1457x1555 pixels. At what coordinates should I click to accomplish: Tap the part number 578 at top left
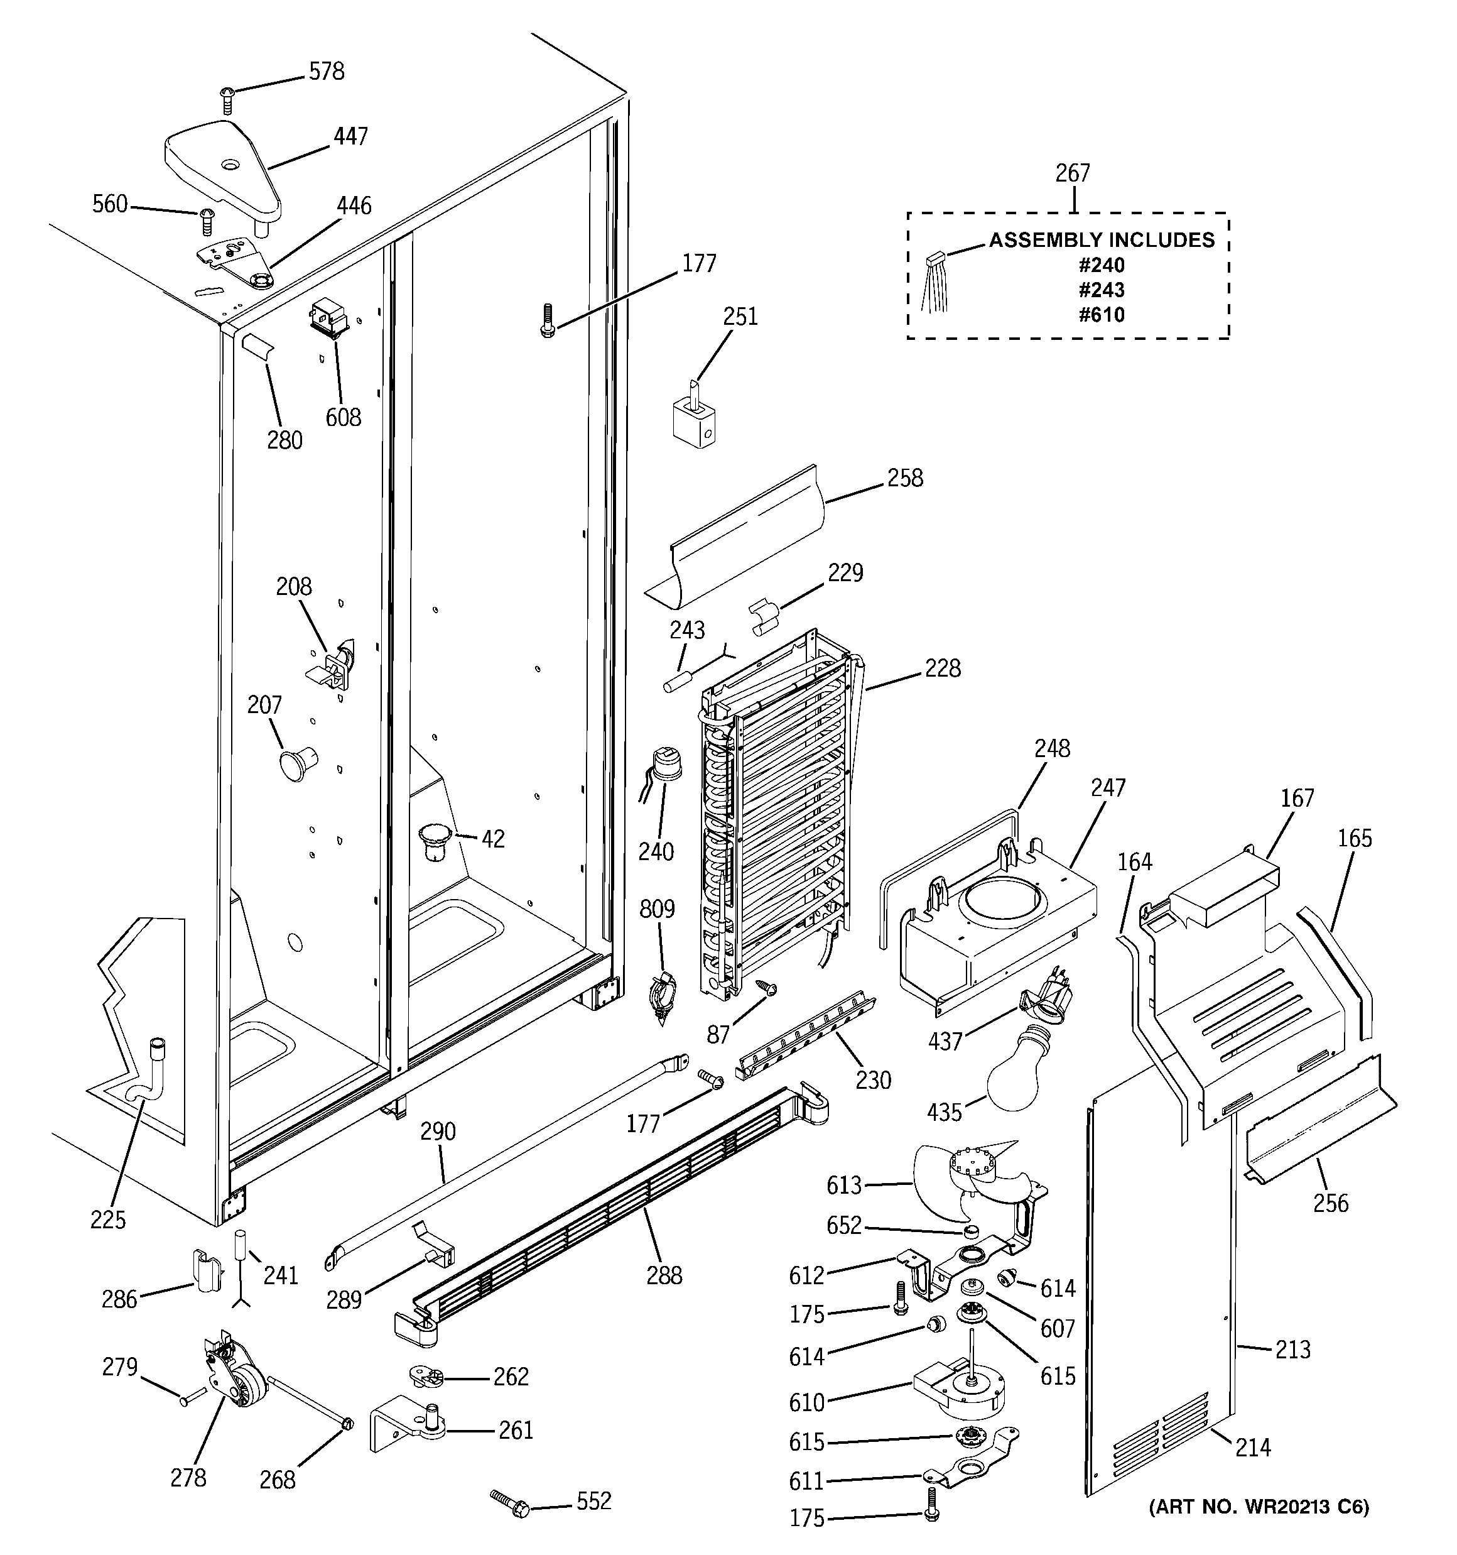pyautogui.click(x=326, y=71)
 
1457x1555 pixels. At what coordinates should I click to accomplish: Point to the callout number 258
pyautogui.click(x=905, y=478)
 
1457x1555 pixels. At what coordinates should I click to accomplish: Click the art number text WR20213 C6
pyautogui.click(x=1259, y=1507)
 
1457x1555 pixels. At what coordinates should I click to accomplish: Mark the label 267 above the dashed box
pyautogui.click(x=1072, y=173)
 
